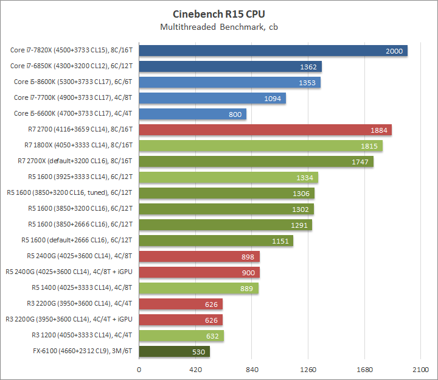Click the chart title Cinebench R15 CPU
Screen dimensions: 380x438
[219, 14]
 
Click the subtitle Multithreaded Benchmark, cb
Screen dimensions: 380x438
[219, 27]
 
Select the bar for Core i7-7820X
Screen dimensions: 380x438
[273, 51]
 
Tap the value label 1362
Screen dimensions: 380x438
[308, 66]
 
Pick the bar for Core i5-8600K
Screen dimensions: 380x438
[229, 82]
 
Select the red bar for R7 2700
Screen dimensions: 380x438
[265, 130]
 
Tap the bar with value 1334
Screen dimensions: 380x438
[228, 177]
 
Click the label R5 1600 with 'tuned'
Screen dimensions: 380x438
[71, 193]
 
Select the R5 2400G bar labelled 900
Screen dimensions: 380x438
[200, 272]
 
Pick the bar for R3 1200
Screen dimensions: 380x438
[181, 336]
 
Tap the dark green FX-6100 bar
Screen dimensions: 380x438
[175, 351]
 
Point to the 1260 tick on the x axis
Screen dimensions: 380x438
[308, 370]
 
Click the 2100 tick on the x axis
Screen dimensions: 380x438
[420, 370]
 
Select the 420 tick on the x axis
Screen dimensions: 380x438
[195, 370]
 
